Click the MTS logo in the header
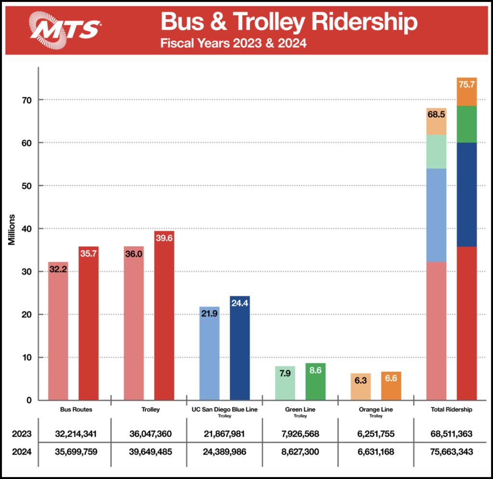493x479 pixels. pyautogui.click(x=65, y=28)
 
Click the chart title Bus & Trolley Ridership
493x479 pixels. pyautogui.click(x=289, y=22)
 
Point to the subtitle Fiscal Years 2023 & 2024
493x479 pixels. pyautogui.click(x=234, y=44)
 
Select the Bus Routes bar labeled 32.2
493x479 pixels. pyautogui.click(x=58, y=332)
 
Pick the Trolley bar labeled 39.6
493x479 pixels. pyautogui.click(x=164, y=317)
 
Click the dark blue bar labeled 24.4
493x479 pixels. pyautogui.click(x=240, y=349)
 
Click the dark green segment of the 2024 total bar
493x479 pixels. pyautogui.click(x=467, y=124)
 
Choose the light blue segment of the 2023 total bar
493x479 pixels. pyautogui.click(x=437, y=214)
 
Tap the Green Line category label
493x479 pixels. pyautogui.click(x=300, y=410)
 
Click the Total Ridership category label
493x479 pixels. pyautogui.click(x=452, y=410)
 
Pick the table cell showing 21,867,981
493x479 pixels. pyautogui.click(x=224, y=434)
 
